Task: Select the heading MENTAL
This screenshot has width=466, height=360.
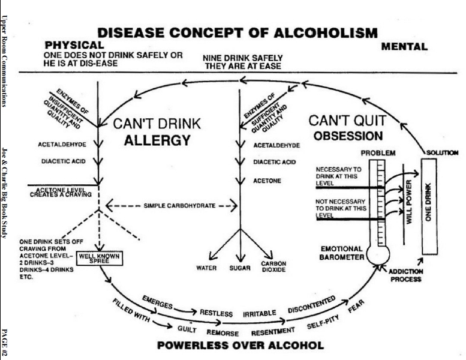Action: point(404,46)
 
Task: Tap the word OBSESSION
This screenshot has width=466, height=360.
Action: point(346,136)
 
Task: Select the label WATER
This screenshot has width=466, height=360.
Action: point(206,268)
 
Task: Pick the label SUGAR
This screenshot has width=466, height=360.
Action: point(240,268)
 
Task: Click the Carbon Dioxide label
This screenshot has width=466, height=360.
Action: point(273,266)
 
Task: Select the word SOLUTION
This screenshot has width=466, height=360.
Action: point(442,153)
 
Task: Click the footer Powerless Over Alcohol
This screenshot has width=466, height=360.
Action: point(240,346)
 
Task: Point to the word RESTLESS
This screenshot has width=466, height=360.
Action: point(216,313)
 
